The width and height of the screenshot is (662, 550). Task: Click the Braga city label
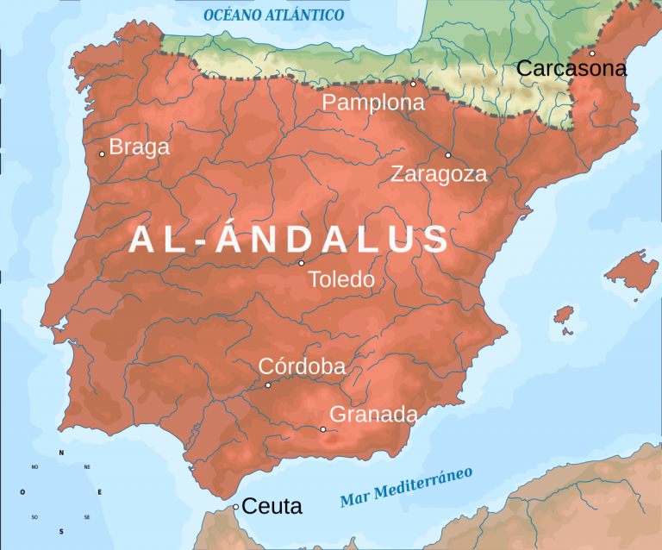(140, 147)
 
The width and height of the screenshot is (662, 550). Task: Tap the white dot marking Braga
(102, 154)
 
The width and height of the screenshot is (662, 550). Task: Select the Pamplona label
(373, 103)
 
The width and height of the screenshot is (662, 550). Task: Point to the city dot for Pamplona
(413, 84)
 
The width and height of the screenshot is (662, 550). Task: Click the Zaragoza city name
(439, 174)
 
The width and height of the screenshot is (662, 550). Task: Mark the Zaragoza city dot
(447, 155)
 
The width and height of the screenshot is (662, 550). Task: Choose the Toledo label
(341, 280)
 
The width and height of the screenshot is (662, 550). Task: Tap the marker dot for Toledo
(302, 263)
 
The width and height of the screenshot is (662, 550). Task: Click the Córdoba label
(302, 366)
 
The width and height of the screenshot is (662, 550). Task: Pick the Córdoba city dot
(268, 384)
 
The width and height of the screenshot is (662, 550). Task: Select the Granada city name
(373, 415)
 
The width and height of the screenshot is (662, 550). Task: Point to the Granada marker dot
(323, 429)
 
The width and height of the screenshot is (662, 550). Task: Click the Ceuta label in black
(272, 507)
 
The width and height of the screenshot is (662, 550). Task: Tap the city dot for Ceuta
(235, 507)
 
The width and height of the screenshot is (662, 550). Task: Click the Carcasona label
(571, 70)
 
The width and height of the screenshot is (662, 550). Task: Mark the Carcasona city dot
(591, 53)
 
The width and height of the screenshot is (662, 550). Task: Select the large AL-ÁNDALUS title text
(290, 240)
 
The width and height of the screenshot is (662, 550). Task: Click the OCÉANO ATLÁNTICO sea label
(274, 16)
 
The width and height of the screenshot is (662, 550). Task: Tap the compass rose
(60, 492)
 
